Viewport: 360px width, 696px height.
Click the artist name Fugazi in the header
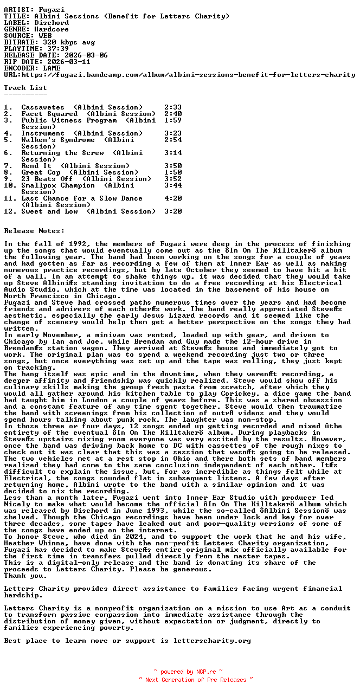point(52,10)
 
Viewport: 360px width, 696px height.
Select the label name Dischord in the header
point(52,23)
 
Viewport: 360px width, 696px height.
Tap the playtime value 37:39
point(54,49)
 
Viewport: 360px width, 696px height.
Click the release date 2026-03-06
point(86,55)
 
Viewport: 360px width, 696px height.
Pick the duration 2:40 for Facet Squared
point(173,114)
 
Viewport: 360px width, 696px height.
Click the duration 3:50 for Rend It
point(173,166)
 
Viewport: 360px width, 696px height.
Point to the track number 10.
point(10,185)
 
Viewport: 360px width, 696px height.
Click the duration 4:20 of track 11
point(173,198)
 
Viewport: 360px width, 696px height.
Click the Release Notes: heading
point(34,231)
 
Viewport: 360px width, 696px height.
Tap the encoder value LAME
point(52,68)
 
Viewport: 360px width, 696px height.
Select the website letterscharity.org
point(212,641)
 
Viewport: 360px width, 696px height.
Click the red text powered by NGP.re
point(188,672)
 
